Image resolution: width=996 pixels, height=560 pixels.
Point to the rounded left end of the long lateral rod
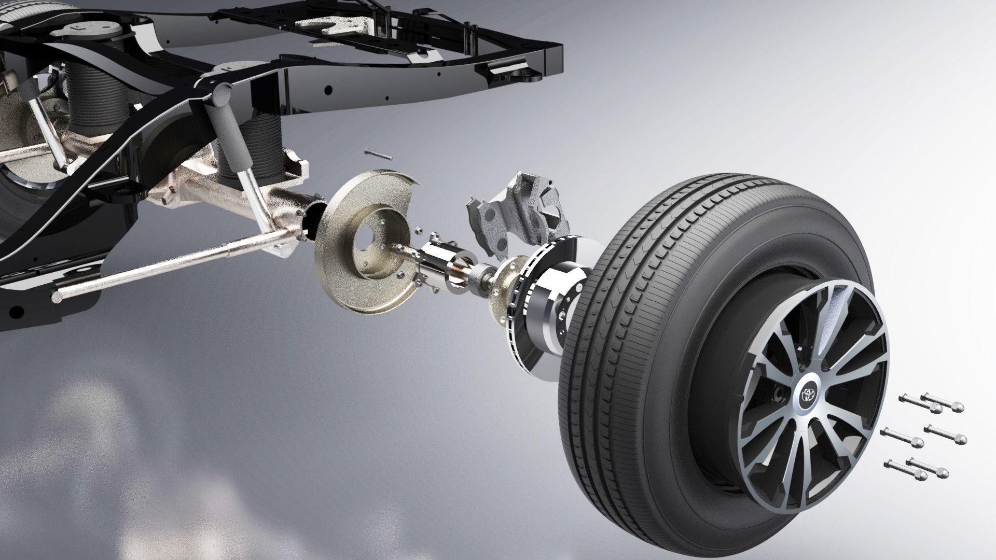pos(57,297)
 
